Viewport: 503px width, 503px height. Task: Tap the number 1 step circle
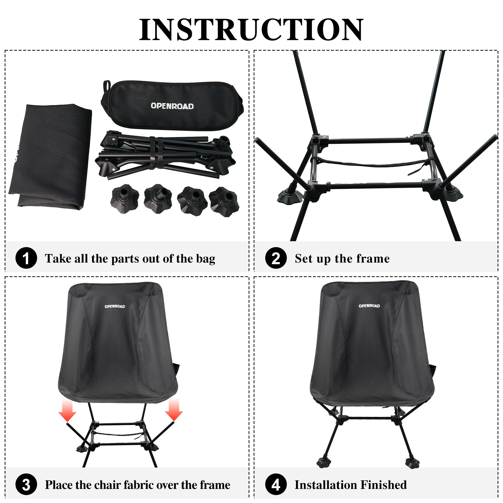coord(26,258)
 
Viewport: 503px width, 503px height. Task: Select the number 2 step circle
coord(276,258)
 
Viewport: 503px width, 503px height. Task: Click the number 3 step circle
coord(26,485)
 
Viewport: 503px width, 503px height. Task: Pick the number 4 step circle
coord(276,485)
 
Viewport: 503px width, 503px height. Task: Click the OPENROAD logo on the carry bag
coord(172,106)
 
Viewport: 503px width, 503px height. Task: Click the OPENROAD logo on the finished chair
coord(369,306)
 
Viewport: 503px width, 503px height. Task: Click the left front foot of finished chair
coord(323,464)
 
